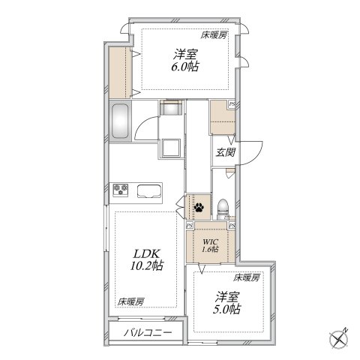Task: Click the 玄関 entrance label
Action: [226, 152]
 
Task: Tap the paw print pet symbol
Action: [199, 206]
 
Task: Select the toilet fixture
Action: [223, 206]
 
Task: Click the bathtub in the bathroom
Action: [121, 121]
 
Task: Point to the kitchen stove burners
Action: [121, 190]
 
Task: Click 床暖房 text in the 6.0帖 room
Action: [213, 34]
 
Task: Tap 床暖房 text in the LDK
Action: [130, 301]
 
